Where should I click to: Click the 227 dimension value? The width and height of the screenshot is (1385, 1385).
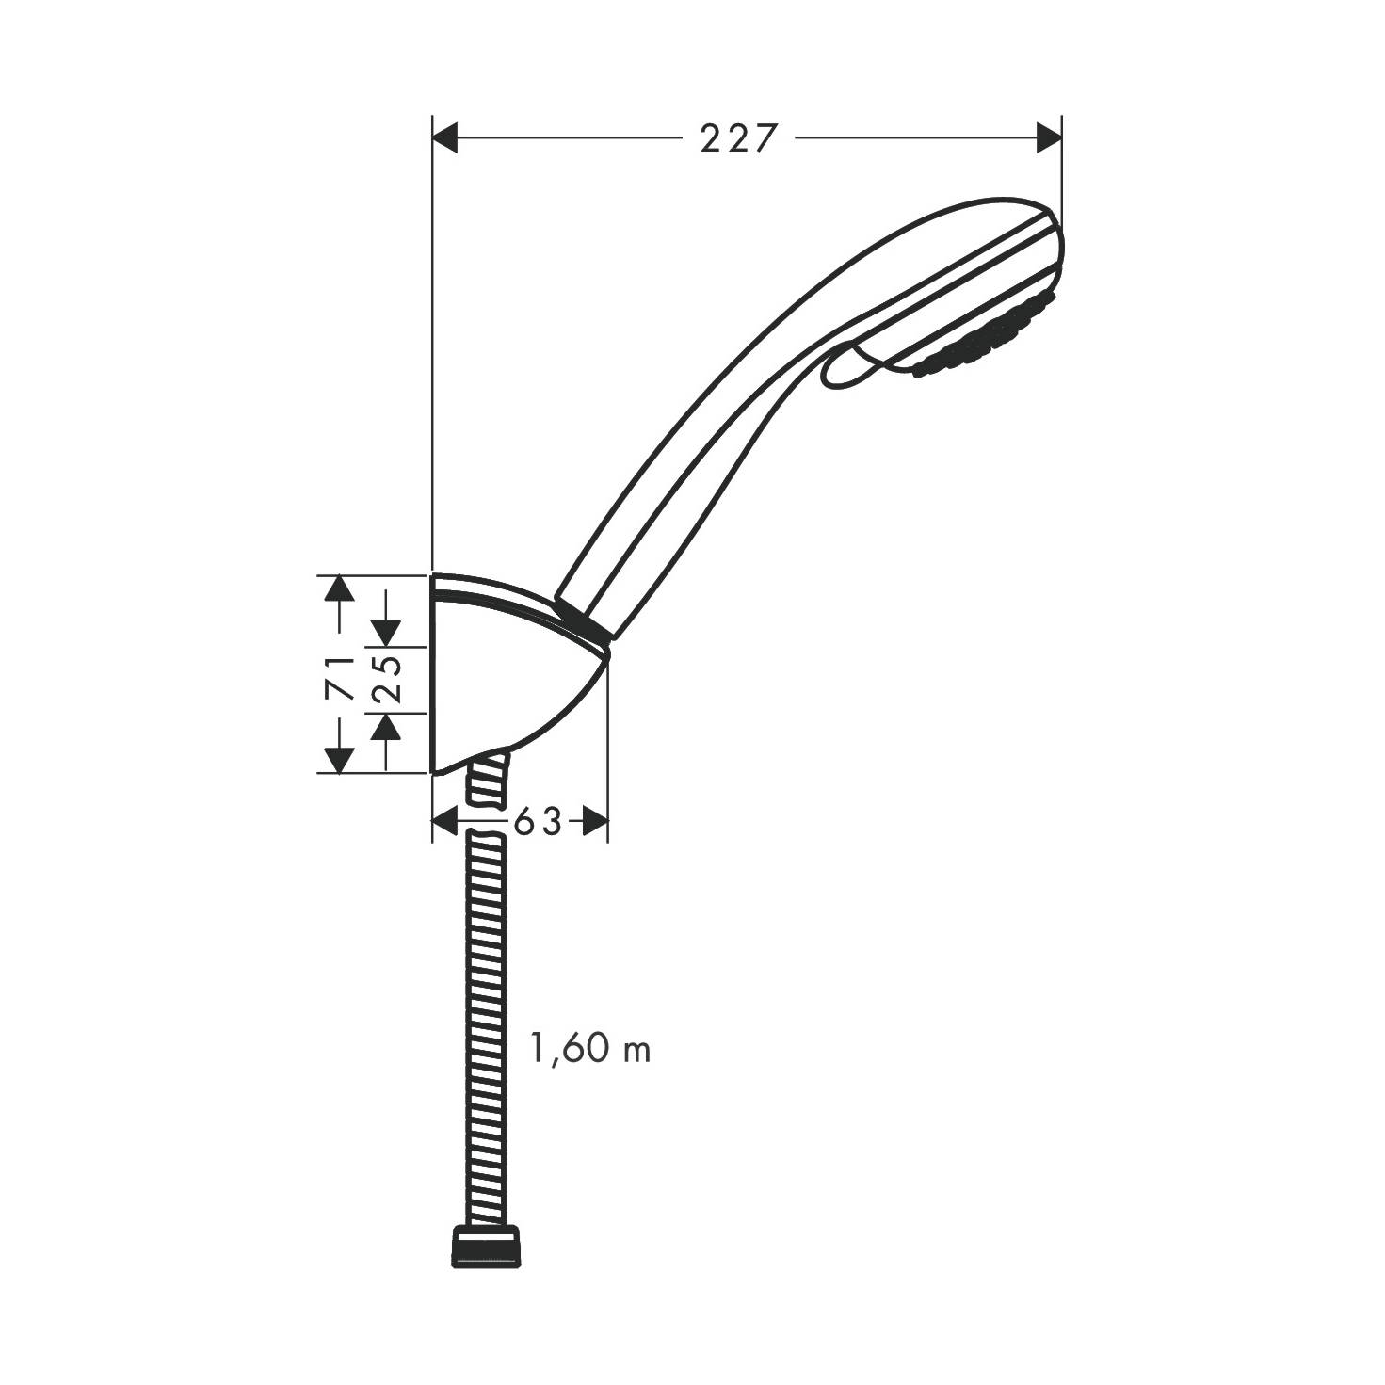pos(739,138)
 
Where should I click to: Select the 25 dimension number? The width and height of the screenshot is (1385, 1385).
pos(388,679)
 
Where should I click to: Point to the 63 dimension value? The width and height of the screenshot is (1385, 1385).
pos(537,821)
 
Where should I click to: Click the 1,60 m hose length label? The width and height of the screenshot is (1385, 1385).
pos(590,1050)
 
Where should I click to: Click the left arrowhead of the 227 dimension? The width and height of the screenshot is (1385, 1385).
pos(445,137)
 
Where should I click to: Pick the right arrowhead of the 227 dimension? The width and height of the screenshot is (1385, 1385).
pos(1049,137)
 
